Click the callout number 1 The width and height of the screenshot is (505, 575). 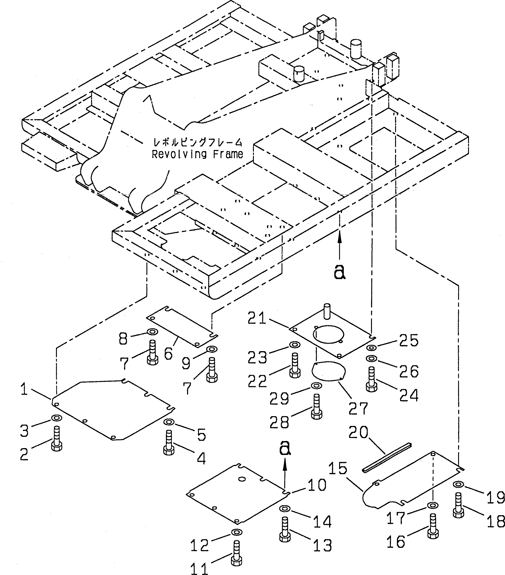click(x=24, y=390)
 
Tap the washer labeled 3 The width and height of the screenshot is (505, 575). click(x=57, y=418)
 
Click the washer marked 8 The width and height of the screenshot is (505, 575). click(x=152, y=332)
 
